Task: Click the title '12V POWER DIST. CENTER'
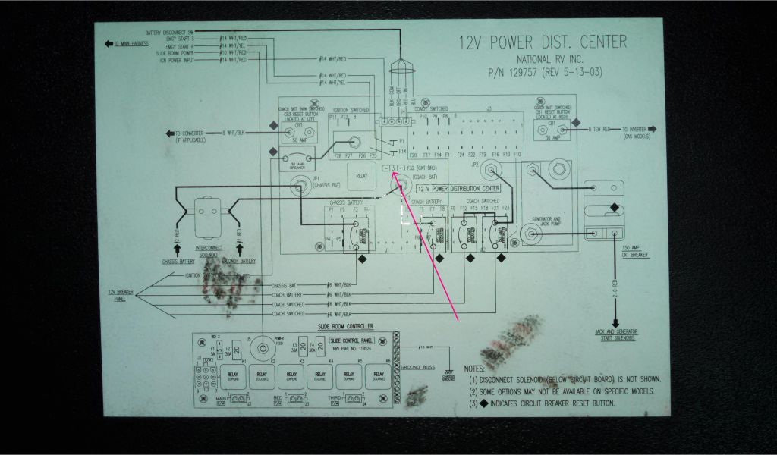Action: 543,43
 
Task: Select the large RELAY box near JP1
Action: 360,176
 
